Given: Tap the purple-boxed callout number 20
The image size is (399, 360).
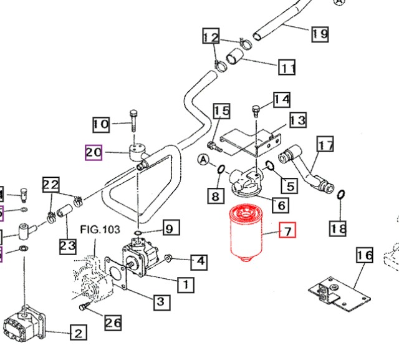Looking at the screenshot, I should pyautogui.click(x=94, y=152).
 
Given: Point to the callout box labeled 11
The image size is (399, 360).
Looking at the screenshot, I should pyautogui.click(x=287, y=67).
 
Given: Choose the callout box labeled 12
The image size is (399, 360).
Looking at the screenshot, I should pyautogui.click(x=211, y=37).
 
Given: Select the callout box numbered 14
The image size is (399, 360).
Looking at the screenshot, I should pyautogui.click(x=281, y=99).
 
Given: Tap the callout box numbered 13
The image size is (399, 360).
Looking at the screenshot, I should pyautogui.click(x=297, y=120).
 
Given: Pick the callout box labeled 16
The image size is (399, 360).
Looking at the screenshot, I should pyautogui.click(x=364, y=256).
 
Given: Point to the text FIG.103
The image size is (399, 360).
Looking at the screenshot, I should pyautogui.click(x=100, y=230).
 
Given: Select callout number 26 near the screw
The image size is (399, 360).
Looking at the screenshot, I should pyautogui.click(x=113, y=323).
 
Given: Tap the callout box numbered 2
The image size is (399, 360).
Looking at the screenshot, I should pyautogui.click(x=77, y=334).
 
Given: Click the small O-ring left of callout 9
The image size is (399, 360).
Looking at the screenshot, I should pyautogui.click(x=137, y=233).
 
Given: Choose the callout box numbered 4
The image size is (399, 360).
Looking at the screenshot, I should pyautogui.click(x=199, y=261).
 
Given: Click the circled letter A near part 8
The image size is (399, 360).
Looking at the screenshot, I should pyautogui.click(x=203, y=160).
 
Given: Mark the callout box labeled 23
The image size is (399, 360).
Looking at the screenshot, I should pyautogui.click(x=67, y=246).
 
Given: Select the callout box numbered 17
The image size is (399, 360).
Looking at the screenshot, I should pyautogui.click(x=326, y=146).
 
